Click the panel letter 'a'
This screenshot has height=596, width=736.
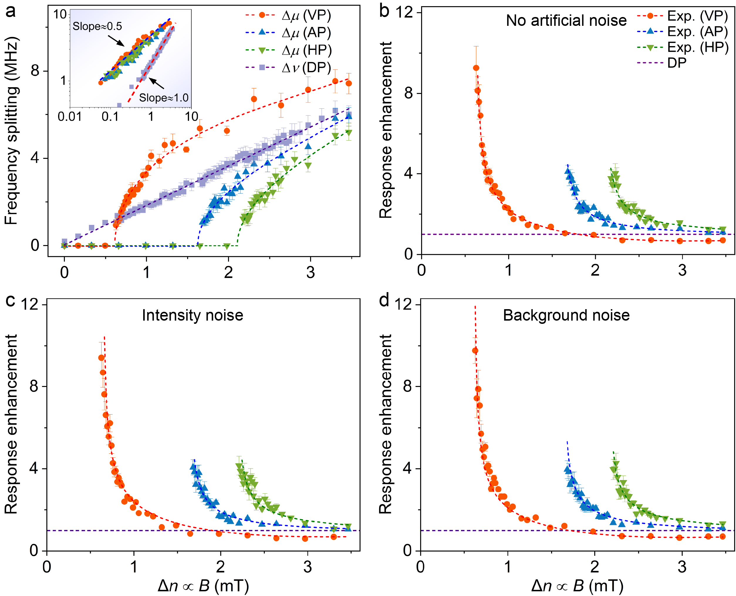[x=10, y=11]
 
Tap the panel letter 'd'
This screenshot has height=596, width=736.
[x=384, y=301]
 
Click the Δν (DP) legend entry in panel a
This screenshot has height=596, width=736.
[x=288, y=68]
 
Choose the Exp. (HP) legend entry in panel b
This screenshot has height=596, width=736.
[x=683, y=47]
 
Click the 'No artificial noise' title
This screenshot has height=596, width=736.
[x=566, y=21]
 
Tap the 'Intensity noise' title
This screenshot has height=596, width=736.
[x=193, y=315]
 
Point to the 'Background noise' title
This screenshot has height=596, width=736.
[x=566, y=315]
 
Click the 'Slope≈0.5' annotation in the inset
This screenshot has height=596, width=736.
[x=97, y=26]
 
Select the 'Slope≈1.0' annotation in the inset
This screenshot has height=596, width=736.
[x=164, y=98]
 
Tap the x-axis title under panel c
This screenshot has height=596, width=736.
[x=203, y=586]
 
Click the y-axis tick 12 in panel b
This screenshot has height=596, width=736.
[x=408, y=12]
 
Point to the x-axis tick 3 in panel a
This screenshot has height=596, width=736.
[x=310, y=272]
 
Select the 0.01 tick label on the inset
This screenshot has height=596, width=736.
[x=70, y=117]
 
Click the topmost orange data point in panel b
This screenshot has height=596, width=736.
[x=476, y=68]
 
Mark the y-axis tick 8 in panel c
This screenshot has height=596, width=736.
[x=34, y=386]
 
